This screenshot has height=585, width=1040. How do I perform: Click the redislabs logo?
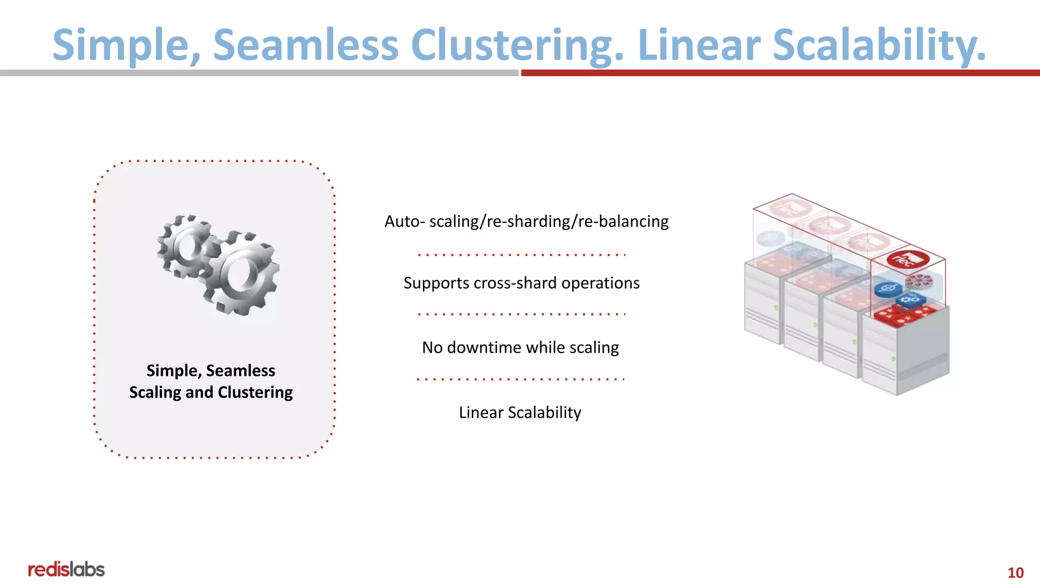pos(66,569)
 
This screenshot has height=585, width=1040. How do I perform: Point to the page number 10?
pos(1015,573)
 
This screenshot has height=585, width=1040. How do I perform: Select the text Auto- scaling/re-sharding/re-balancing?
pos(526,221)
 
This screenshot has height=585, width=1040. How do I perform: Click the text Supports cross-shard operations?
pos(522,283)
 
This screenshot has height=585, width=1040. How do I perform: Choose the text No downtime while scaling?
pos(520,347)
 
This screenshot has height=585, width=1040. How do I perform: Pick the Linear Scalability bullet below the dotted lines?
pos(520,412)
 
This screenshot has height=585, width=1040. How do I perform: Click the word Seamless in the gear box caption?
pos(240,371)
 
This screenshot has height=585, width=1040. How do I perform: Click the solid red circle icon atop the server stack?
pos(908,259)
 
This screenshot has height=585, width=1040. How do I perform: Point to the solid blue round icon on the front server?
pos(888,289)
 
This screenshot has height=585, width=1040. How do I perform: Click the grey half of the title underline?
pos(259,73)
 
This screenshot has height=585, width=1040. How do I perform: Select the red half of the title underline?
pos(780,73)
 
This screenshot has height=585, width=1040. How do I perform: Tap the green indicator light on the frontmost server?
pos(893,359)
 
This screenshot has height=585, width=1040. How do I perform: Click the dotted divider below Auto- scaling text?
pos(522,255)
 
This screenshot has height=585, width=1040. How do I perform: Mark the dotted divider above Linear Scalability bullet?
pos(521,379)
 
